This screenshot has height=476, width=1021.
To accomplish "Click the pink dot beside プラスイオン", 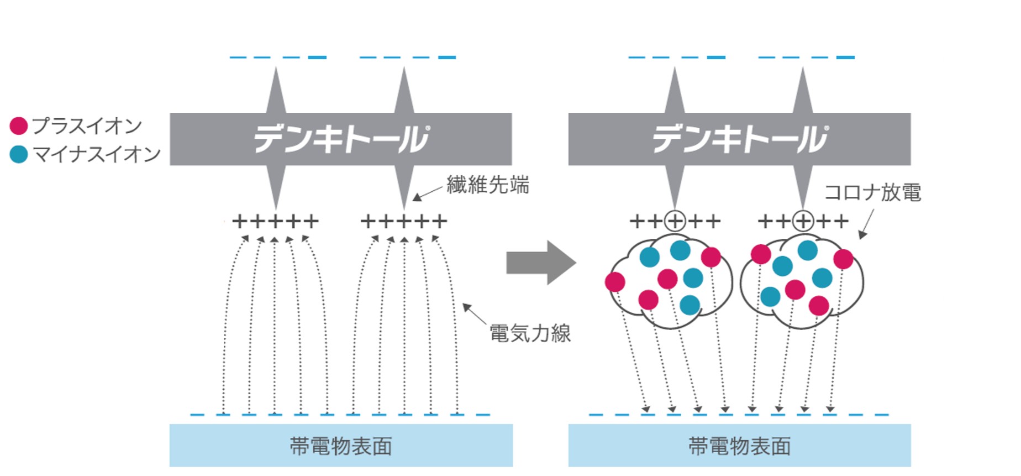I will [x=19, y=126].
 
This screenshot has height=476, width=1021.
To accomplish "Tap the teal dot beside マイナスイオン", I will [x=19, y=154].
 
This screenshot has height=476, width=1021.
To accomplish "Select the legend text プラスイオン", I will [x=87, y=126].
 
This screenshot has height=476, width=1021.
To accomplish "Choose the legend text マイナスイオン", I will [x=97, y=154].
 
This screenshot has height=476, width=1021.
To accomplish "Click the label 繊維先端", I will [x=488, y=185].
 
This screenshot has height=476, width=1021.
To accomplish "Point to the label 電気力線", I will [x=530, y=333].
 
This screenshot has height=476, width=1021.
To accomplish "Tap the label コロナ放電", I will [x=872, y=192].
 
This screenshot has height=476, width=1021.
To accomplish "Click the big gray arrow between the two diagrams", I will [x=540, y=263].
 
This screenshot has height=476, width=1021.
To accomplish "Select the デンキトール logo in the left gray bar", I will [x=341, y=139].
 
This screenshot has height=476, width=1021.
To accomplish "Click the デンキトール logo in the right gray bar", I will [x=740, y=139].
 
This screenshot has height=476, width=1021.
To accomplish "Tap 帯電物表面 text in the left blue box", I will [x=341, y=446].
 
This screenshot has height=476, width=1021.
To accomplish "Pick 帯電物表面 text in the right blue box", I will [x=740, y=446].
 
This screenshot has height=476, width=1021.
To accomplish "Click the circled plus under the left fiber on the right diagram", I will [x=675, y=222].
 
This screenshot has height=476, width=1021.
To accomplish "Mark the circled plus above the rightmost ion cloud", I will [x=803, y=222].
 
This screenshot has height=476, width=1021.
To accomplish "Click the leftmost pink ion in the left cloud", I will [x=615, y=282].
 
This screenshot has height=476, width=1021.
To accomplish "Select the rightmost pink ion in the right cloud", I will [x=843, y=259].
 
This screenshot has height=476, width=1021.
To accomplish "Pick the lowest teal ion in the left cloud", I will [x=690, y=305].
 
